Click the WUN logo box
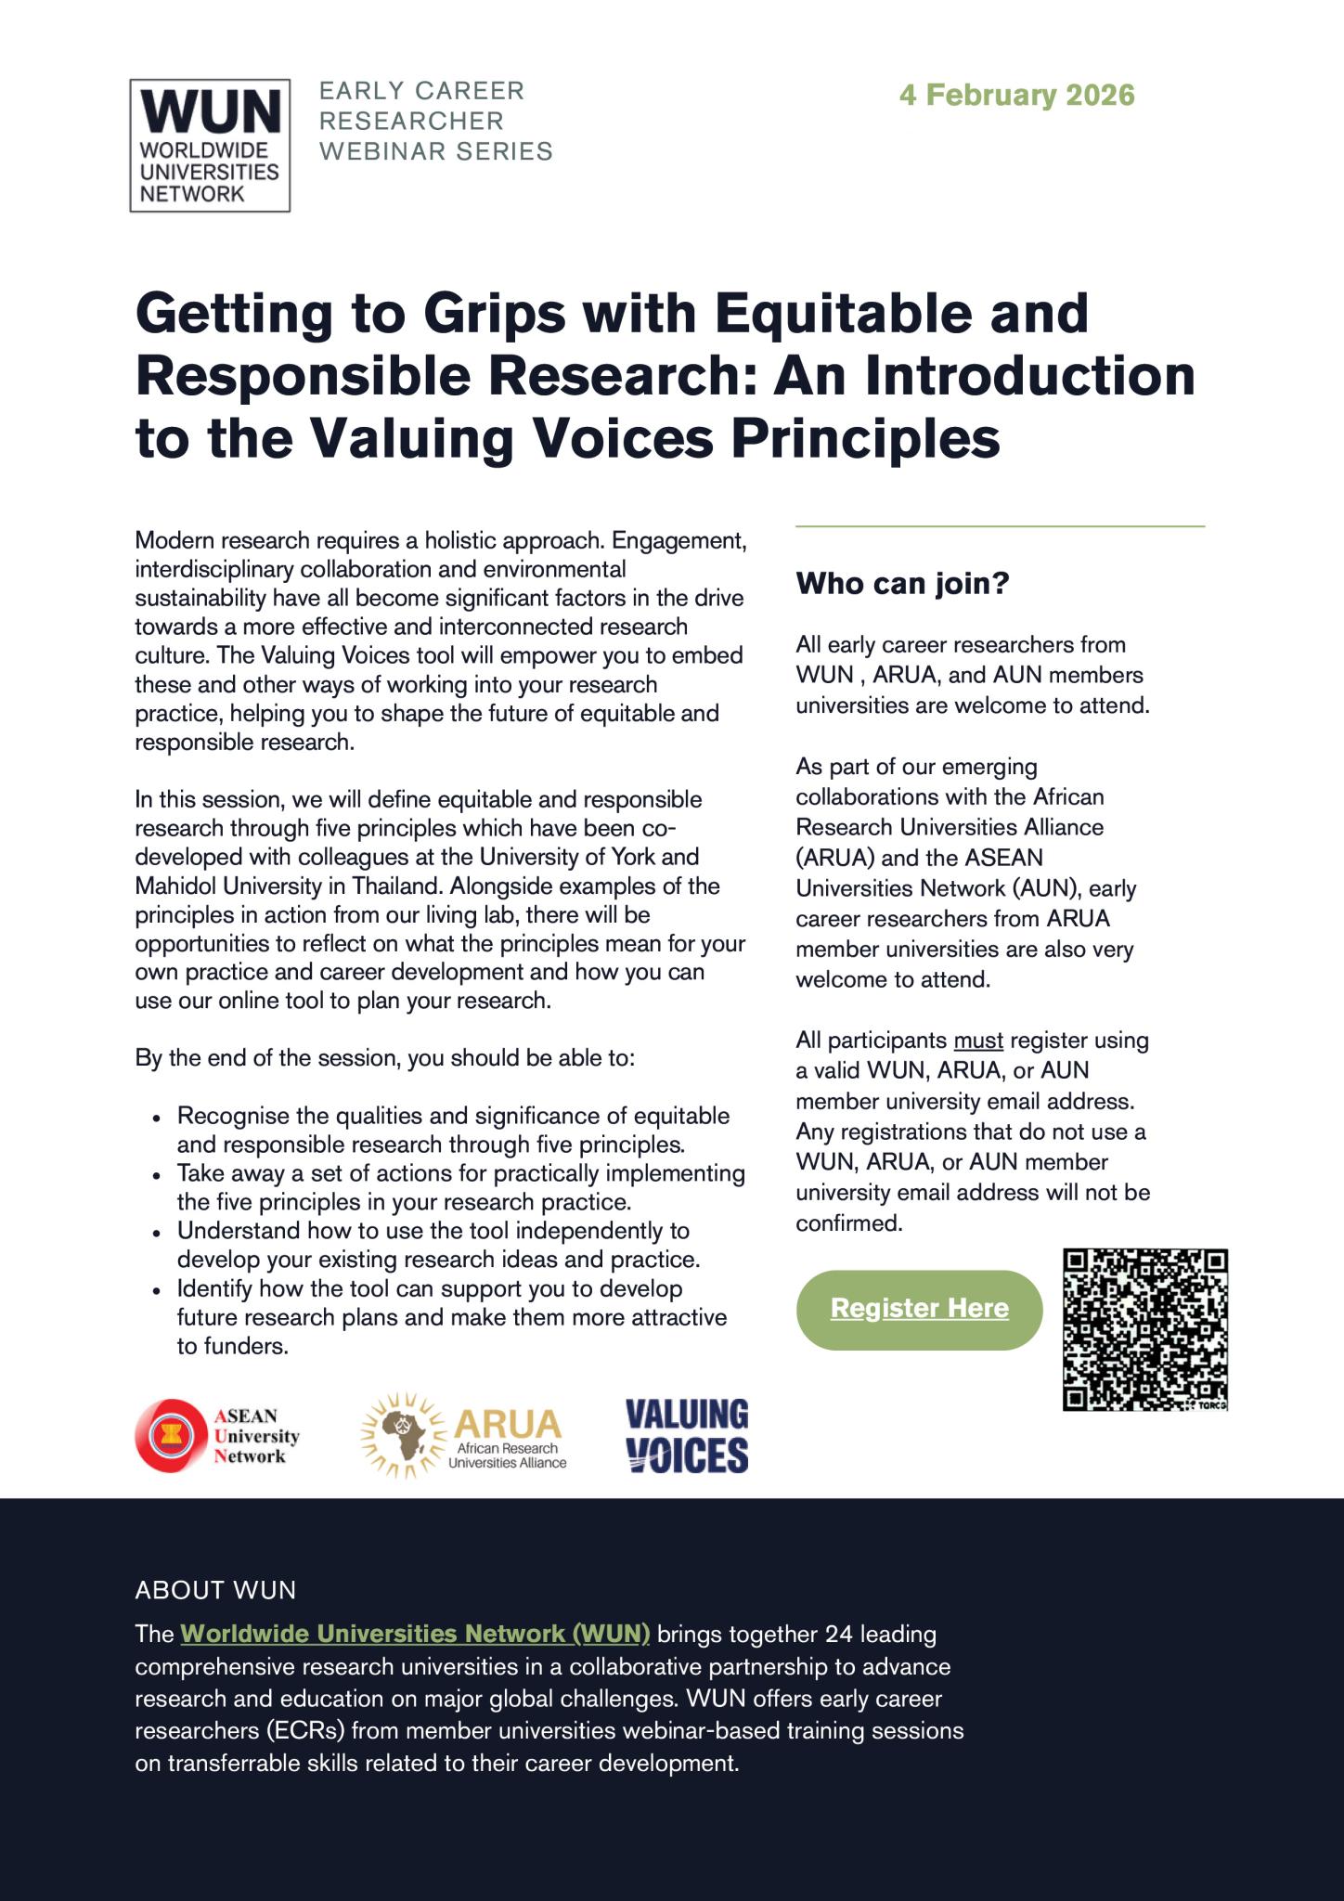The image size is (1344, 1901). pyautogui.click(x=210, y=145)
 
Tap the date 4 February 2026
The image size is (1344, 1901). pyautogui.click(x=1016, y=95)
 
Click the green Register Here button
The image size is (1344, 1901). pyautogui.click(x=919, y=1309)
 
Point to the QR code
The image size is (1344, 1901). pyautogui.click(x=1145, y=1330)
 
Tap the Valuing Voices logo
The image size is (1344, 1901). pyautogui.click(x=687, y=1435)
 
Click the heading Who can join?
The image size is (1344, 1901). pyautogui.click(x=901, y=584)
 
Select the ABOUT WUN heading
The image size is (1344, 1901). pyautogui.click(x=215, y=1590)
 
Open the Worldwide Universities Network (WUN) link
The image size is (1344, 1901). pyautogui.click(x=415, y=1633)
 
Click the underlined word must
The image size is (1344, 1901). pyautogui.click(x=978, y=1041)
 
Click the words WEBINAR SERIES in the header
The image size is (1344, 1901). pyautogui.click(x=436, y=150)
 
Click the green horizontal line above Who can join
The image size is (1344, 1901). pyautogui.click(x=1000, y=526)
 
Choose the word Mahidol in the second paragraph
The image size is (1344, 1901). pyautogui.click(x=174, y=886)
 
